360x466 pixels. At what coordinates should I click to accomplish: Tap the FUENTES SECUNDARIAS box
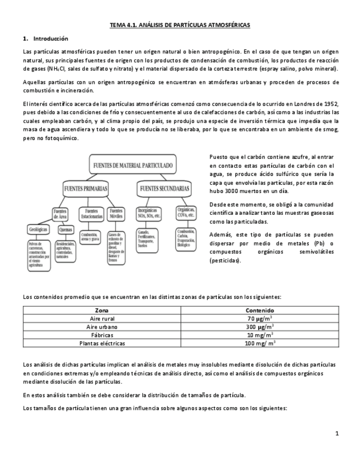164,188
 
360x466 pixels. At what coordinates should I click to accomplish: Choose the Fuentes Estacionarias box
91,213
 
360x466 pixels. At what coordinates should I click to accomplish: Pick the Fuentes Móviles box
116,213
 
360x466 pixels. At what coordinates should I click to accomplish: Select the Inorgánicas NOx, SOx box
149,213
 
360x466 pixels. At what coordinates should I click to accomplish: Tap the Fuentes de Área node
60,213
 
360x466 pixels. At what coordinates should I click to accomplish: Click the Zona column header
102,310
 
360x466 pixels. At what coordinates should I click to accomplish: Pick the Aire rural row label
102,319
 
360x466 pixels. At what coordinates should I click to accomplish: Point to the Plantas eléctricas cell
102,343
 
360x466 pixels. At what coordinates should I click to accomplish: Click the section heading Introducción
50,39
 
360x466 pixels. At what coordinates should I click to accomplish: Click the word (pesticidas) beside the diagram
225,260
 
